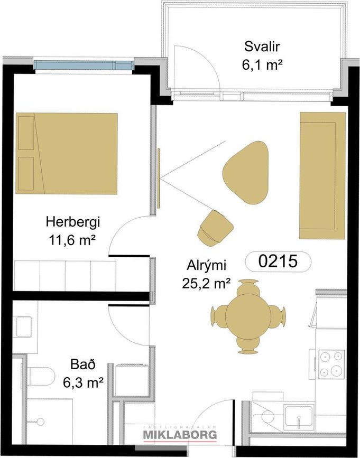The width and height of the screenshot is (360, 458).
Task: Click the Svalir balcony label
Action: click(262, 46)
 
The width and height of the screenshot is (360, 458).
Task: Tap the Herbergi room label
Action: click(73, 222)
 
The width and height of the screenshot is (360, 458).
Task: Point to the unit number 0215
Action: click(278, 261)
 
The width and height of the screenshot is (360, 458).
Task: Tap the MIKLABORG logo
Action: click(180, 434)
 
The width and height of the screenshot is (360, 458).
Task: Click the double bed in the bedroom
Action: click(67, 153)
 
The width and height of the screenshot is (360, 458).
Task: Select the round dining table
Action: click(248, 316)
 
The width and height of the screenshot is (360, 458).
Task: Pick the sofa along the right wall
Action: click(322, 175)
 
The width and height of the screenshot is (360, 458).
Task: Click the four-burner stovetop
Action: click(331, 364)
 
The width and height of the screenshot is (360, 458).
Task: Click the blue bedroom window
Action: click(84, 65)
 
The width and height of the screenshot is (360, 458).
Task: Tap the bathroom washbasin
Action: click(24, 326)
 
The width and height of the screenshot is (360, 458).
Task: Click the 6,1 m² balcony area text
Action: click(262, 65)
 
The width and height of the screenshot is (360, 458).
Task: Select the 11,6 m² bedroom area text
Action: click(73, 241)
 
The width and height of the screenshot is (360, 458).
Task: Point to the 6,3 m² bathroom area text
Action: click(84, 382)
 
